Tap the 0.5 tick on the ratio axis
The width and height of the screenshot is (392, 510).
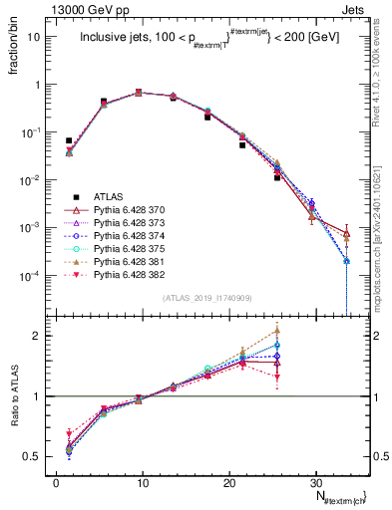click(38, 457)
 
